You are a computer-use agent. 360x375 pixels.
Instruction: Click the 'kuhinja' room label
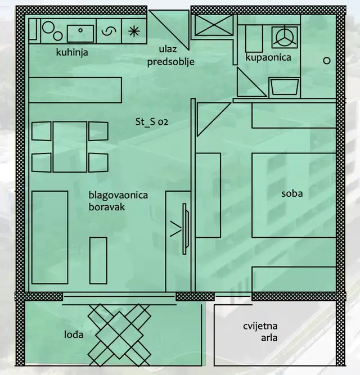tap(72, 52)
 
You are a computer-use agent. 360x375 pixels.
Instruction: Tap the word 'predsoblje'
tap(170, 62)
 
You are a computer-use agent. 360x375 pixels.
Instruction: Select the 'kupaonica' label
tap(268, 57)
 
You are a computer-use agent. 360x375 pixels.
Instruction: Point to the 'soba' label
tap(292, 193)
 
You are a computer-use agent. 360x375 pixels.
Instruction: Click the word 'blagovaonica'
tap(118, 195)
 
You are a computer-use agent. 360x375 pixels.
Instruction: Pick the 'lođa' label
tap(74, 335)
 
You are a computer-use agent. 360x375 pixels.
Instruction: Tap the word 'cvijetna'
tap(260, 326)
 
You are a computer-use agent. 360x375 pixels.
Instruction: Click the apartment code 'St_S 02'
tap(152, 122)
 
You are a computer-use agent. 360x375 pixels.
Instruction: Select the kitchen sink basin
tap(80, 33)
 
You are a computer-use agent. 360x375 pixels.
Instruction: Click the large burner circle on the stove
tap(48, 27)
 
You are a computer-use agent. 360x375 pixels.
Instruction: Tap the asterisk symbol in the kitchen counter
tap(134, 31)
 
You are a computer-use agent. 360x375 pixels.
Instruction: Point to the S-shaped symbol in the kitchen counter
tap(109, 31)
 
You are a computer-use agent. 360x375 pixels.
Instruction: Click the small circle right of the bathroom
tap(327, 61)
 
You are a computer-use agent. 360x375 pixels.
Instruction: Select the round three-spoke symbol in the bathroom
tap(285, 37)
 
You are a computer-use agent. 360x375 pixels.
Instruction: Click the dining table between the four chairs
tap(70, 147)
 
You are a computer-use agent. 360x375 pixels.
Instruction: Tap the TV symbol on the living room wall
tap(185, 229)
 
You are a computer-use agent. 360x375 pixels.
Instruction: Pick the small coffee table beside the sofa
tap(98, 260)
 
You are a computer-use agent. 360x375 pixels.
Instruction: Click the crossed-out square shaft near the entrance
tap(214, 25)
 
